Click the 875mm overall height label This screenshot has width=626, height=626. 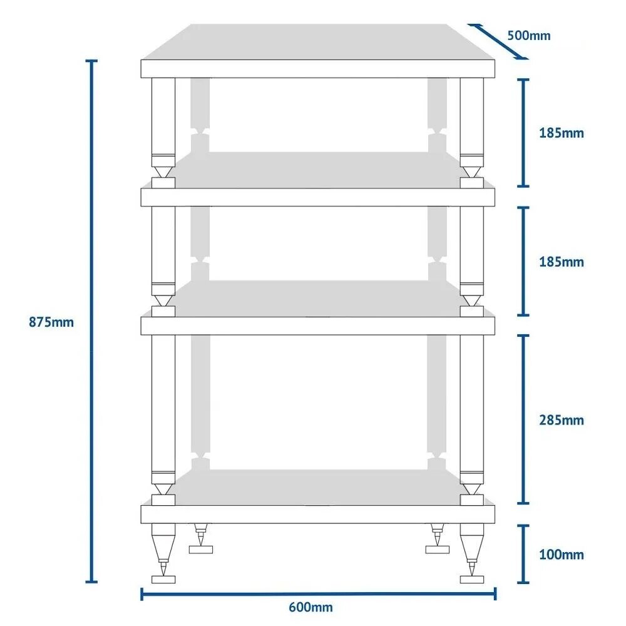tap(51, 322)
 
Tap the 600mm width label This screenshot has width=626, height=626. tap(310, 607)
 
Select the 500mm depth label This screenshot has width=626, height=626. tap(528, 36)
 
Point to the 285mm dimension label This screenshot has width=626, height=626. tap(562, 420)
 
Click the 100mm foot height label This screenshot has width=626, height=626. tap(562, 555)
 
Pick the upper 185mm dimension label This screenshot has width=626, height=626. tap(562, 133)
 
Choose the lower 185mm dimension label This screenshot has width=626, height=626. tap(562, 262)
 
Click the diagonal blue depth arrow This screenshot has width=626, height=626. tap(498, 41)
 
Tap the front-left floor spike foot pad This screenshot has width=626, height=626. tap(163, 579)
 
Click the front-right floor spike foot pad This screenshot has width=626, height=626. tap(472, 579)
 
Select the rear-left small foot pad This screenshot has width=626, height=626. tap(201, 550)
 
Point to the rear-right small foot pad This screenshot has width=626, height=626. tap(437, 550)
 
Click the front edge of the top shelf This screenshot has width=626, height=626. tap(318, 69)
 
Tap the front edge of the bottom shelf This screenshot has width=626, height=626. tap(318, 514)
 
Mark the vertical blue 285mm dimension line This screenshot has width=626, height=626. tap(523, 419)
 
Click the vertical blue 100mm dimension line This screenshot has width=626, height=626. tap(523, 554)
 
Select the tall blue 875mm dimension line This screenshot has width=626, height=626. tap(91, 321)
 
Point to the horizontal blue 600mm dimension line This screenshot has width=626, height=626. tap(318, 594)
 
